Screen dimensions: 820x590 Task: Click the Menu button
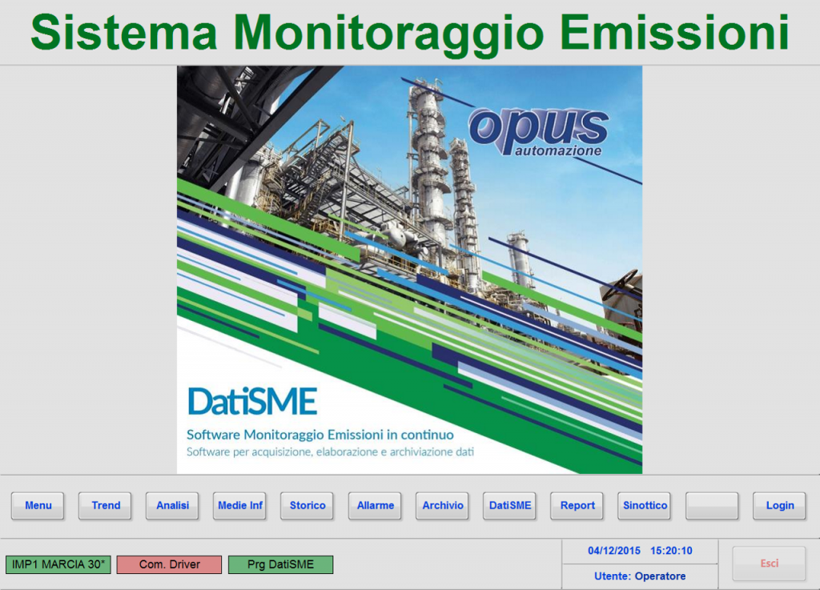point(38,505)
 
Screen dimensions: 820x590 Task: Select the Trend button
point(105,505)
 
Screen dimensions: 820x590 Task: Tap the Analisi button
point(172,505)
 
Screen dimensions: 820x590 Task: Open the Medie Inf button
point(239,505)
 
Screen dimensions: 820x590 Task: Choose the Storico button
point(307,505)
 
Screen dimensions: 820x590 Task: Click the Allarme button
point(375,505)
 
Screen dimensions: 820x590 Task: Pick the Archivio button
point(442,505)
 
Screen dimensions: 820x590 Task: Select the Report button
point(577,505)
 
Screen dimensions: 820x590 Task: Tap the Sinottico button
point(645,505)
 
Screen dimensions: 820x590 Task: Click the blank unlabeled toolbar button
point(712,505)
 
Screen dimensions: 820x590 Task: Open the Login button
point(779,505)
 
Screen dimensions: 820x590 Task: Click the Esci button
point(770,564)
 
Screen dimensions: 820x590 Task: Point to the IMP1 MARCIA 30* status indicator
point(58,564)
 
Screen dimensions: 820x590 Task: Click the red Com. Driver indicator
point(170,564)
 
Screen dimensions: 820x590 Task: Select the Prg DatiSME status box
point(280,564)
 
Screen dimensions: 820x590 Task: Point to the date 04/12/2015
point(614,550)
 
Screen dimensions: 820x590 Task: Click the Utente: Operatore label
point(640,576)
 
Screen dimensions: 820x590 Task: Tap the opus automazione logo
point(539,132)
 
